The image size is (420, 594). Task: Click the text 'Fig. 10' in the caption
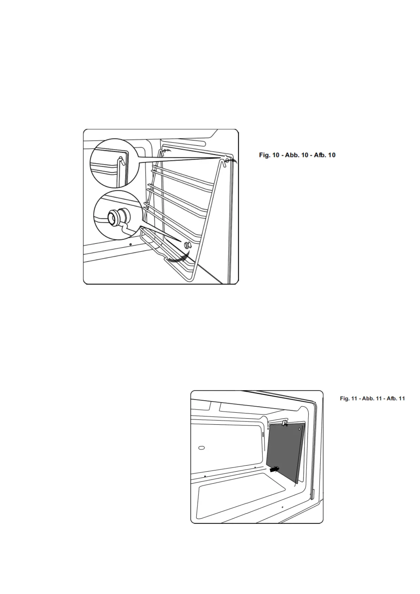tap(268, 155)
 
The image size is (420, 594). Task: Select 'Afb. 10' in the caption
tap(324, 155)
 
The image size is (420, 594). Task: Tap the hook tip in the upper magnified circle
tap(122, 161)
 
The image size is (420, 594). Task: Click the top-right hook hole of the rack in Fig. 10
tap(226, 161)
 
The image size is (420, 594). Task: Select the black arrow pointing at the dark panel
tap(273, 470)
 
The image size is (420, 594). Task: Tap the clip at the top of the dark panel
tap(285, 422)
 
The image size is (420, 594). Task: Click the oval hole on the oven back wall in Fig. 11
tap(201, 448)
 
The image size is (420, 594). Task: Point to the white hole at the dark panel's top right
tap(300, 429)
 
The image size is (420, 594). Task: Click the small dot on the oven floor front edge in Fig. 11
tap(282, 507)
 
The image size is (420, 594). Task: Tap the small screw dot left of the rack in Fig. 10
tap(130, 244)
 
